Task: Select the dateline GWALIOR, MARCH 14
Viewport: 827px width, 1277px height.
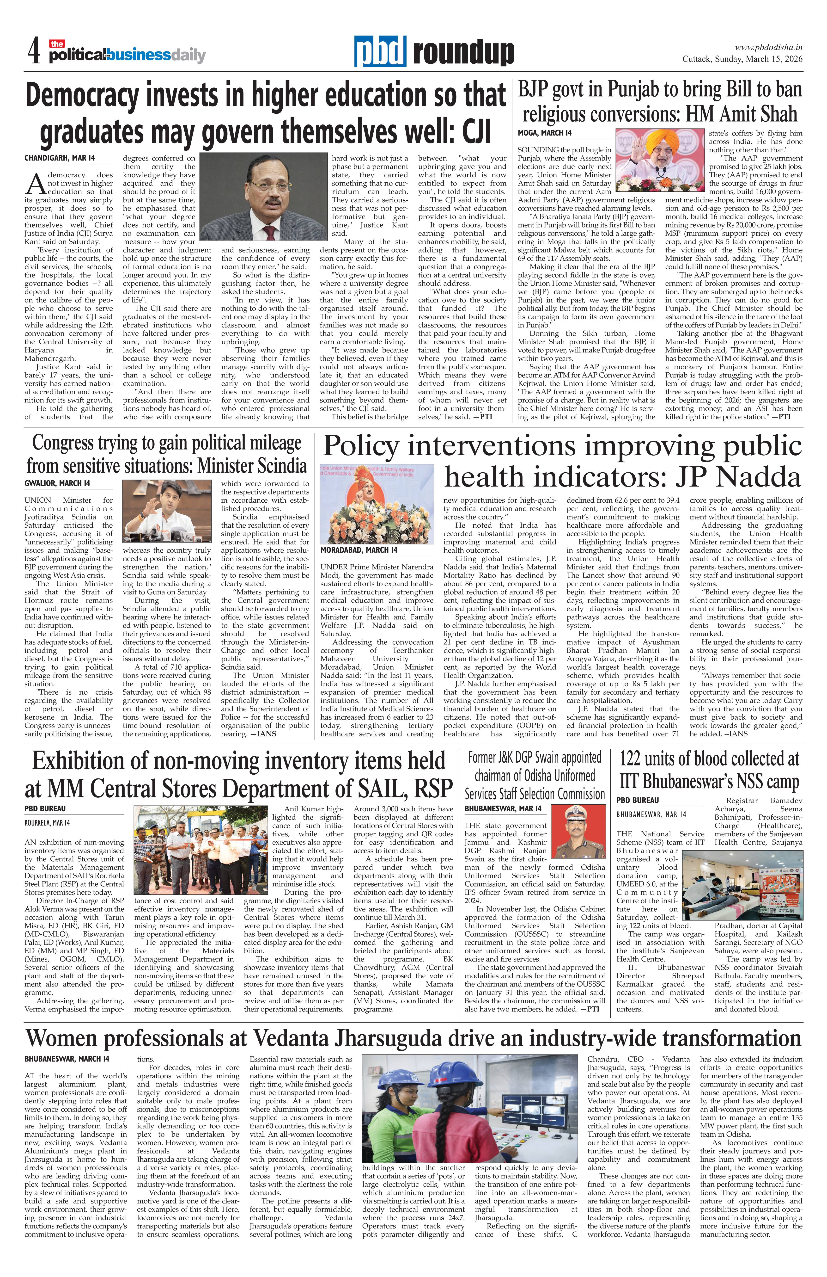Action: pos(57,483)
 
